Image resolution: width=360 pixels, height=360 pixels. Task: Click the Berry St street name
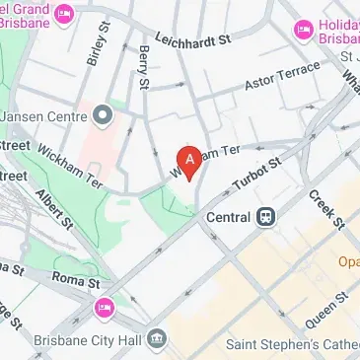click(x=144, y=67)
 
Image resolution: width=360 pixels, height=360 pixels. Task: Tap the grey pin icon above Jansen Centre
click(x=105, y=116)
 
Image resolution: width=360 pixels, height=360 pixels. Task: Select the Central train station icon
click(x=266, y=217)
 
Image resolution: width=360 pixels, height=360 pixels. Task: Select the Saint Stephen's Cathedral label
click(x=291, y=344)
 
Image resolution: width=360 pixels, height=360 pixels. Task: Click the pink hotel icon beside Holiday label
click(x=302, y=31)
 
